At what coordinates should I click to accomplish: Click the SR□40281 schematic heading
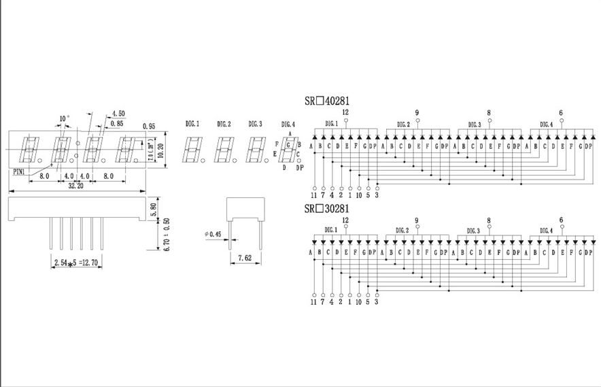(x=327, y=101)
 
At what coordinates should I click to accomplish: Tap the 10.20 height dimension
(x=160, y=150)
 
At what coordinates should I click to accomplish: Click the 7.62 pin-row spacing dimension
(x=245, y=258)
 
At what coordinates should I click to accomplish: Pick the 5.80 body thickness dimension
(x=154, y=209)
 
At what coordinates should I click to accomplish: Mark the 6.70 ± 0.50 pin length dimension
(x=167, y=235)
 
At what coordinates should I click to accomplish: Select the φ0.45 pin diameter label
(x=213, y=234)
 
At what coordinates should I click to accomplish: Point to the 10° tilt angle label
(x=63, y=119)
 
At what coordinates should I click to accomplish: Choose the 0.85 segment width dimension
(x=116, y=124)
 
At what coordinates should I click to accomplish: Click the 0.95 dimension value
(x=150, y=127)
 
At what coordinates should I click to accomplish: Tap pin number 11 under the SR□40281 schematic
(x=313, y=195)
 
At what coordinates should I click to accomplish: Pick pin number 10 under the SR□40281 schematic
(x=358, y=195)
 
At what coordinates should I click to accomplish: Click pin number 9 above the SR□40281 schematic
(x=417, y=113)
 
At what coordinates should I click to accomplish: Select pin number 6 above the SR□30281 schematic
(x=561, y=220)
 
